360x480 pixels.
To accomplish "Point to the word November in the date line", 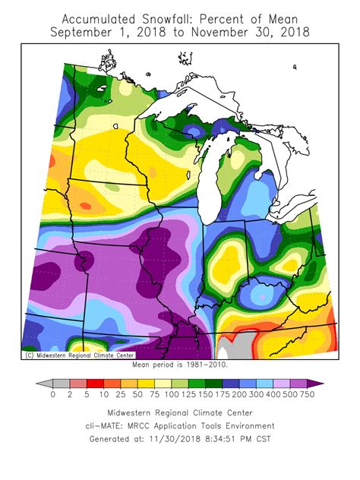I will pos(226,32).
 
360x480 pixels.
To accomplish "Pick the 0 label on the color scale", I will pos(52,396).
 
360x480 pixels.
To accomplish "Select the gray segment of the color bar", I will pos(61,384).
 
